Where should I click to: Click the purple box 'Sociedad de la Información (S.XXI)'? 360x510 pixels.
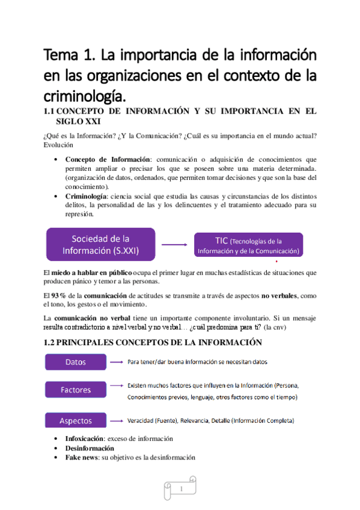[x=100, y=244]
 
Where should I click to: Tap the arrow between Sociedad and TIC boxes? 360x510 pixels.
[x=174, y=245]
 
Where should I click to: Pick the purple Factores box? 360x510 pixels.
[x=76, y=390]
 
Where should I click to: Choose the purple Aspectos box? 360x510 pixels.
[x=76, y=420]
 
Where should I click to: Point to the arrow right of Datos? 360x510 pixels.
[x=115, y=362]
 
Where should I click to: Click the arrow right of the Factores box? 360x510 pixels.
[x=115, y=385]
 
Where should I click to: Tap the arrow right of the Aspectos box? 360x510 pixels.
[x=115, y=420]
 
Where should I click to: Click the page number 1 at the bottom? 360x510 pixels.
[x=180, y=488]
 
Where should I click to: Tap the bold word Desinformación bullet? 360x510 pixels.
[x=90, y=448]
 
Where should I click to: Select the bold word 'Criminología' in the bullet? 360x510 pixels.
[x=89, y=197]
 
